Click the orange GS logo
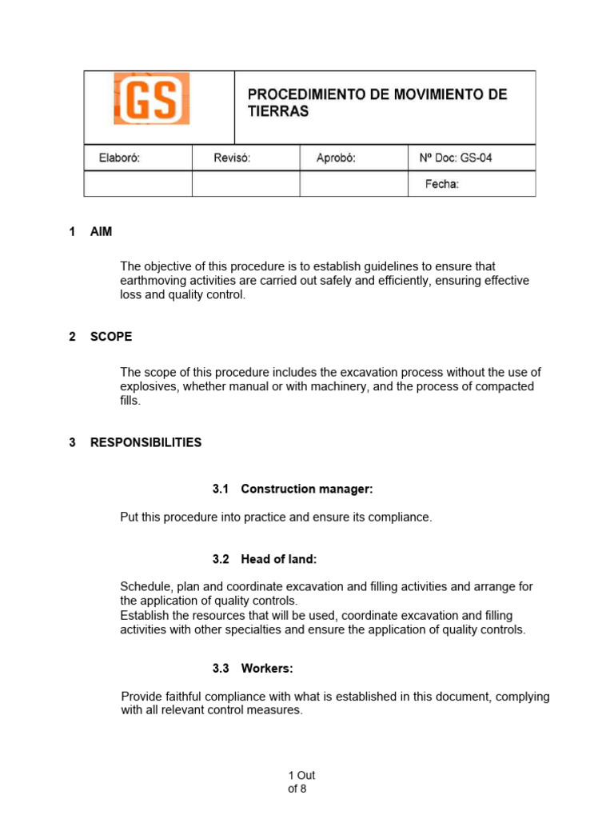pos(152,98)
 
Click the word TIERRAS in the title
pos(277,112)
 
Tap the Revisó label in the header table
pos(232,158)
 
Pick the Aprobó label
pos(336,158)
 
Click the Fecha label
pos(441,184)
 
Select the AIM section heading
pos(102,232)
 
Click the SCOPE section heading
pos(111,337)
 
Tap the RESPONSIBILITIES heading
pos(146,442)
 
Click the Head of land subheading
pos(284,559)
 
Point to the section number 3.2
pos(221,559)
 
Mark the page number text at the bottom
pos(301,782)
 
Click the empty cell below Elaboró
pos(138,184)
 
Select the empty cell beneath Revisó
pos(245,184)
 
